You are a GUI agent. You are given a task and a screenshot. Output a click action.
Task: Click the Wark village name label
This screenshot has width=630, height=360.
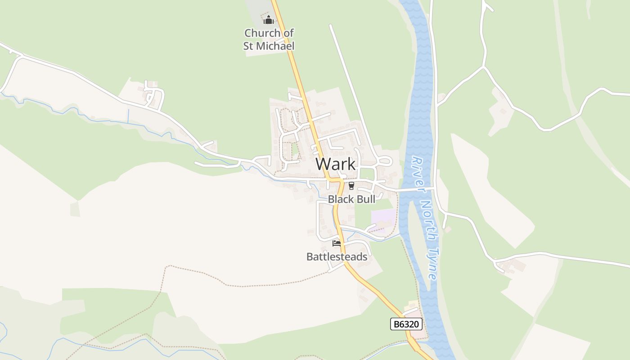(x=336, y=164)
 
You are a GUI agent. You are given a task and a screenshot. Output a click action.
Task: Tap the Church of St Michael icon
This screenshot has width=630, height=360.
(x=269, y=20)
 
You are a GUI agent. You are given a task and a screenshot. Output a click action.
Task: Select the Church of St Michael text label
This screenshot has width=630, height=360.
(x=269, y=40)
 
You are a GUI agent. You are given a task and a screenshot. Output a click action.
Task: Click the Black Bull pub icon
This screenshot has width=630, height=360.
(x=351, y=186)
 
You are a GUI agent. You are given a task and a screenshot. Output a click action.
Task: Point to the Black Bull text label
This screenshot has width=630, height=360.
(x=351, y=199)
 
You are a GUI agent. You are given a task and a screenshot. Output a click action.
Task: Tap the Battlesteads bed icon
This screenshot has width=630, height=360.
(x=337, y=243)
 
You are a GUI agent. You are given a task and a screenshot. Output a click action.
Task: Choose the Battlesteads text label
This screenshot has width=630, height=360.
(x=337, y=256)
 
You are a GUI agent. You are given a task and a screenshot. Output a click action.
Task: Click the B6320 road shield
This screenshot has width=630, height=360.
(x=406, y=324)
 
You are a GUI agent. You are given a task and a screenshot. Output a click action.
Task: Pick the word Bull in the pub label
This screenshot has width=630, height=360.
(x=365, y=199)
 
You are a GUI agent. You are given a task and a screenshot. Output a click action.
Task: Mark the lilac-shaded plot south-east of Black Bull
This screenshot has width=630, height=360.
(x=383, y=216)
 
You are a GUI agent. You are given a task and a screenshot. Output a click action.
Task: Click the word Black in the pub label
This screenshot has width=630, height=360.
(x=341, y=199)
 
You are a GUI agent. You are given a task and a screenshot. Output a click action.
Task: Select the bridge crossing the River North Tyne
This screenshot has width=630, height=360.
(x=416, y=189)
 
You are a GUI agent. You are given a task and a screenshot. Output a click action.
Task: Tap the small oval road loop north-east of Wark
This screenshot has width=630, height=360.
(x=385, y=161)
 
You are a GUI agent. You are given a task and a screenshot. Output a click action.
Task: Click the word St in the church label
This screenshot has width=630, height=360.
(x=249, y=46)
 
